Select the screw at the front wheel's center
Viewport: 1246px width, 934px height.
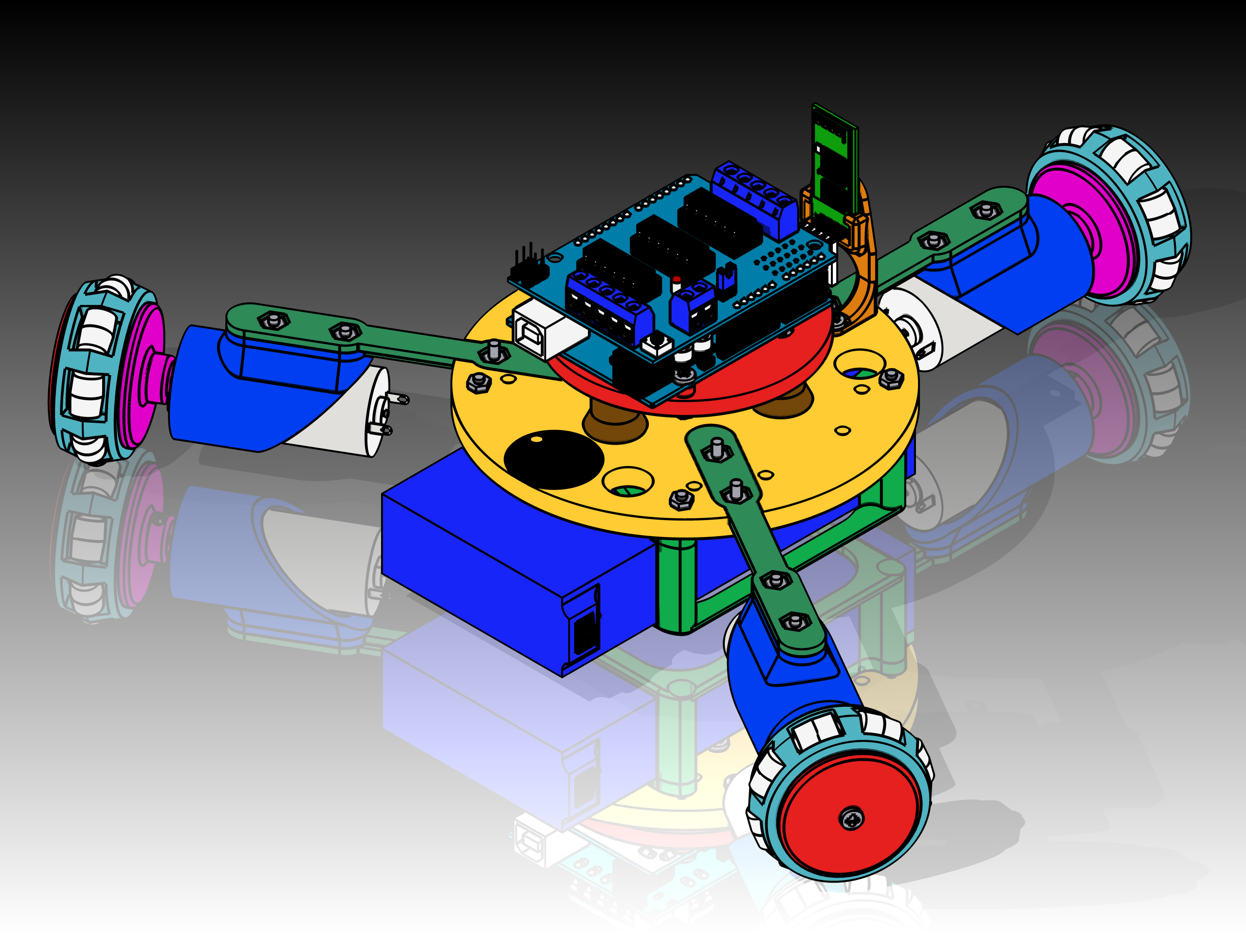click(851, 817)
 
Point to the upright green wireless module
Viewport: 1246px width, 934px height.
click(835, 163)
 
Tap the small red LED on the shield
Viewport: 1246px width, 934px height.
click(676, 280)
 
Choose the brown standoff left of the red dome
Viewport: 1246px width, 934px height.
click(614, 422)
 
